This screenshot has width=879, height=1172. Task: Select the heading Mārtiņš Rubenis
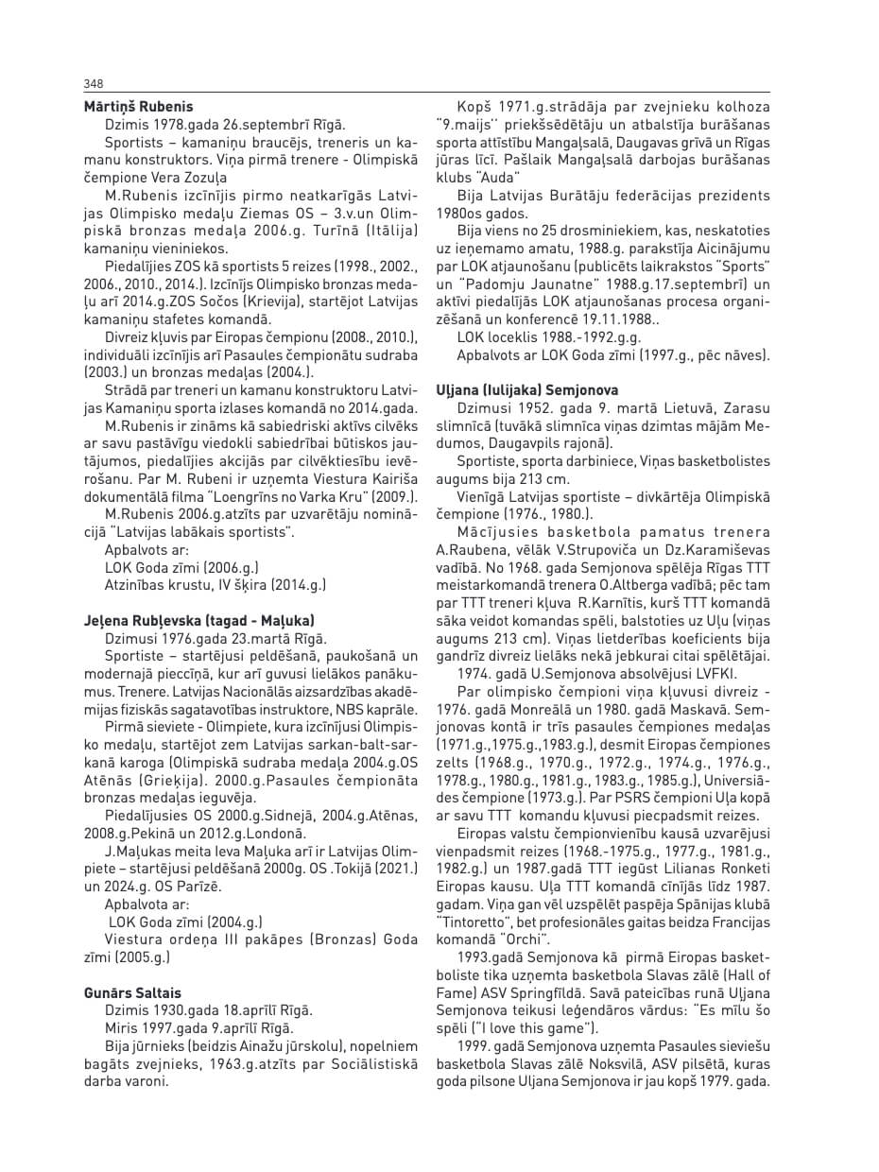pyautogui.click(x=138, y=107)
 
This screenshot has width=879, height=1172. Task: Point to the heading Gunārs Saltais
pyautogui.click(x=132, y=992)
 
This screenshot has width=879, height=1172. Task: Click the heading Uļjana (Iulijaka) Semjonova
pyautogui.click(x=526, y=389)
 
